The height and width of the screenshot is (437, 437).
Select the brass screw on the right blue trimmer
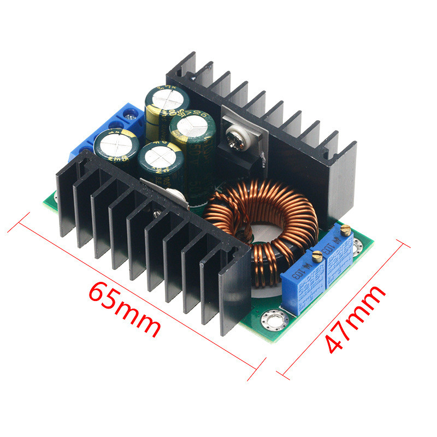point(345,229)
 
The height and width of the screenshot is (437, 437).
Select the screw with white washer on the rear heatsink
point(235,137)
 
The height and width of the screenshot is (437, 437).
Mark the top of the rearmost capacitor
point(167,99)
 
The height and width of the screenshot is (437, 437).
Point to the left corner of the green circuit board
point(47,202)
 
